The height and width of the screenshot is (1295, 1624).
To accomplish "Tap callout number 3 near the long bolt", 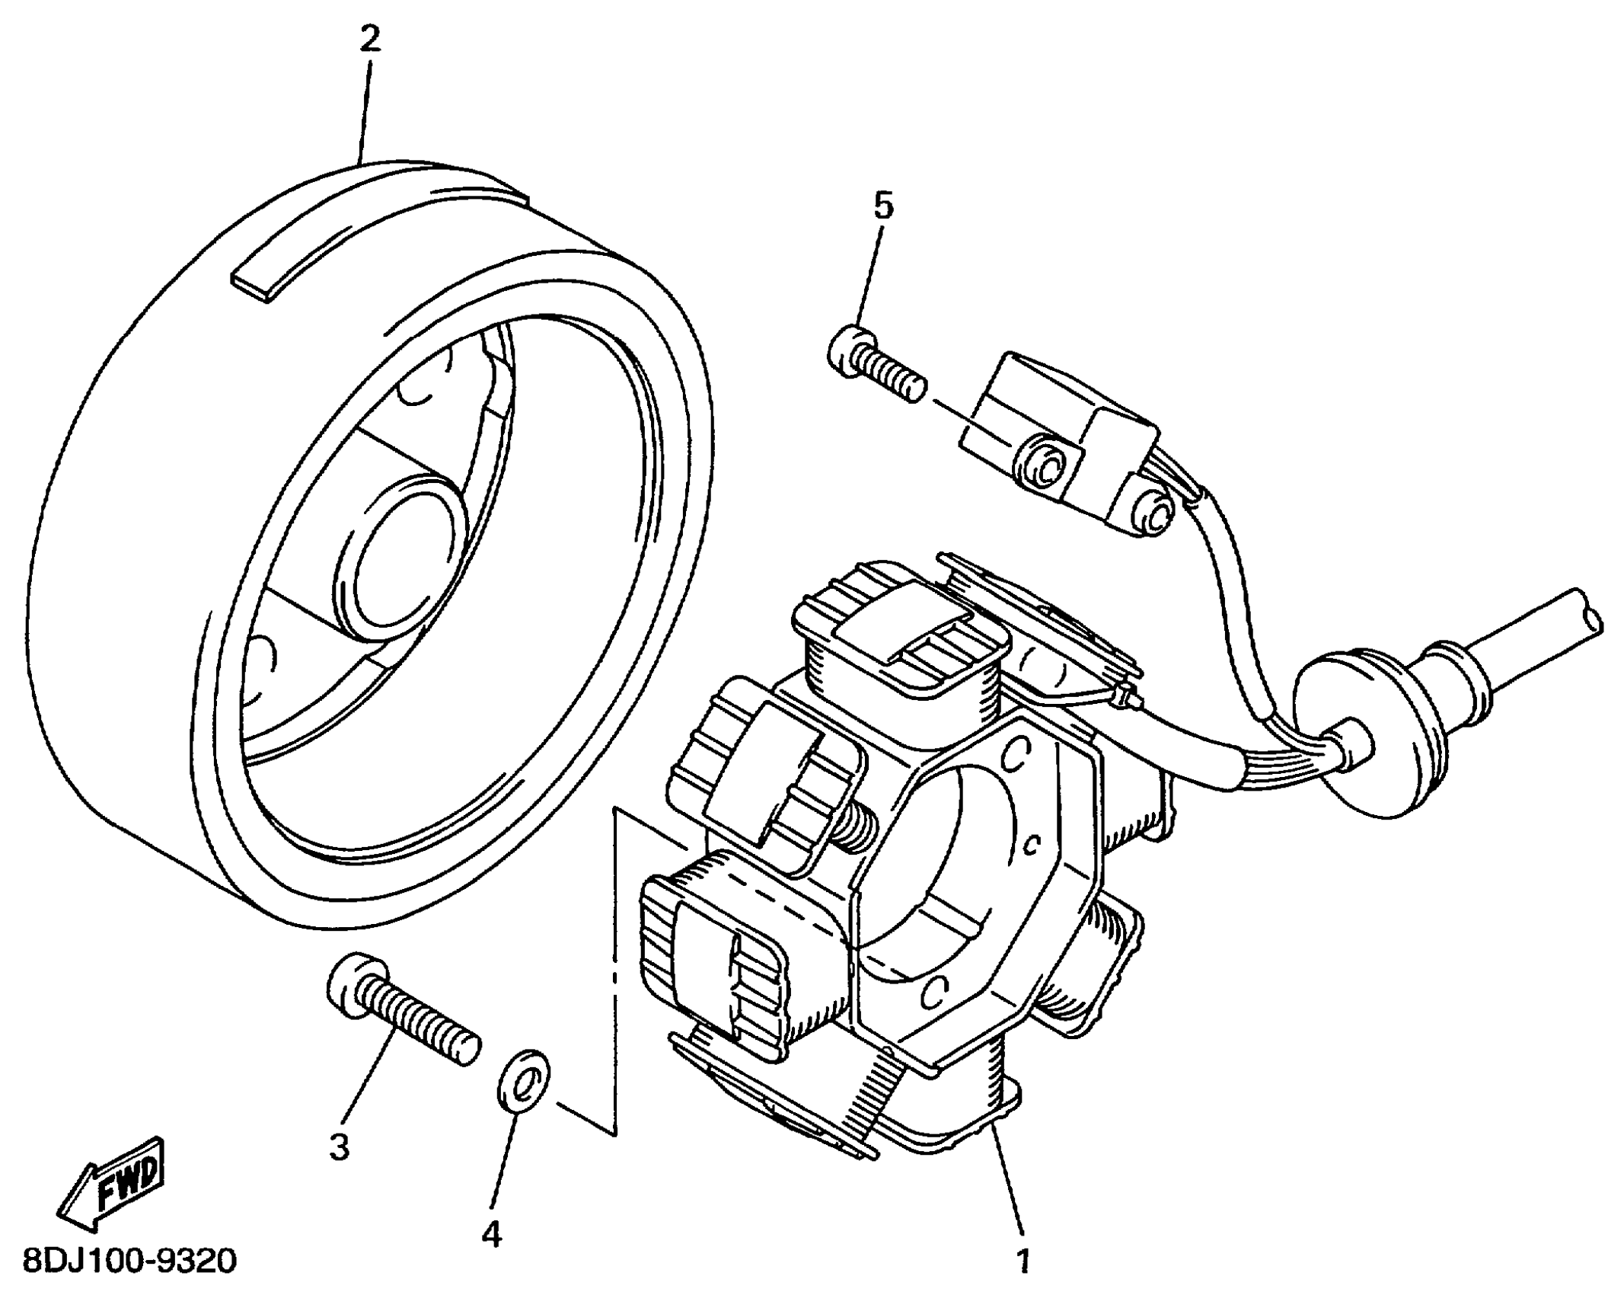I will [x=339, y=1145].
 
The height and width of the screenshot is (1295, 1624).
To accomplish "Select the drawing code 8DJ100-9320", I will [x=129, y=1261].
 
